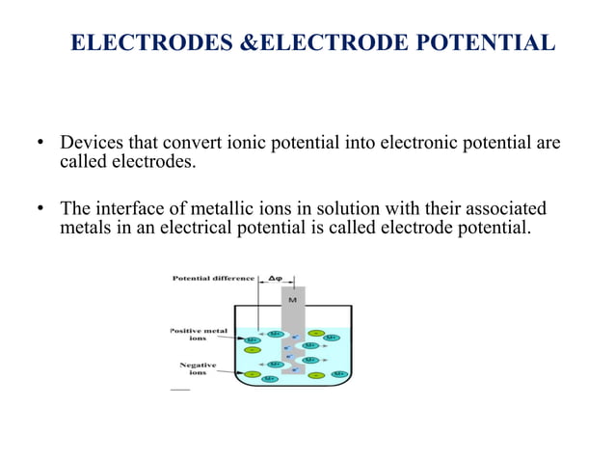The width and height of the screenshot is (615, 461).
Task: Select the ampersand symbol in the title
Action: pos(244,43)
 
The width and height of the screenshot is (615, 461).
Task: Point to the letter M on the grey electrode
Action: pos(292,299)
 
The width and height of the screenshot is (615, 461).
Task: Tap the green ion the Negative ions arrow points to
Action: pos(253,372)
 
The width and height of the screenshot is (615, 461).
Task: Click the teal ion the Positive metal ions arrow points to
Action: pos(253,339)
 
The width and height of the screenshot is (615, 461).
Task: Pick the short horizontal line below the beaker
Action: pos(180,390)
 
